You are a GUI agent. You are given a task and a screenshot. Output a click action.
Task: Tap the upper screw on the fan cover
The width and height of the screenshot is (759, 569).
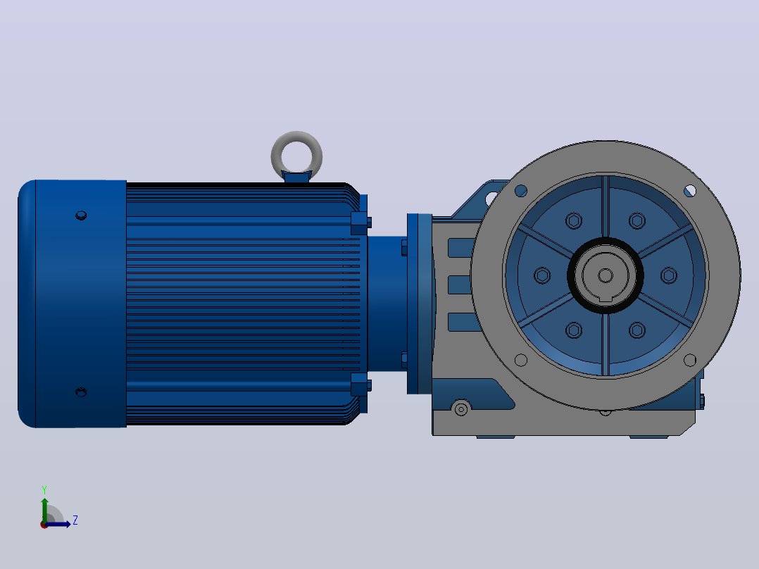click(82, 215)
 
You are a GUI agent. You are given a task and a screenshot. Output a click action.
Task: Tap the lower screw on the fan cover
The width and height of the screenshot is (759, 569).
click(82, 392)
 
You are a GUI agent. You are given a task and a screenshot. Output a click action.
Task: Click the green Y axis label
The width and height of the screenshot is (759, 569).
click(44, 489)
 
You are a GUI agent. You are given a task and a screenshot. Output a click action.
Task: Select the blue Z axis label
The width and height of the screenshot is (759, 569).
click(75, 520)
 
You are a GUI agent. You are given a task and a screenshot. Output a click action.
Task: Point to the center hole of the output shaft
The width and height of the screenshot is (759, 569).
click(605, 275)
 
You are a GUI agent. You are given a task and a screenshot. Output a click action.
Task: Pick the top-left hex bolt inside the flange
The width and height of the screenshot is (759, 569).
click(574, 221)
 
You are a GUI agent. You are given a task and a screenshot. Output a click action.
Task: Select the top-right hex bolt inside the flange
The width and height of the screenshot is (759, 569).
click(637, 221)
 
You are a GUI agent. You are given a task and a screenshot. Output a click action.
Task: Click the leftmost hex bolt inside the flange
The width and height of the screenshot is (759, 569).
click(542, 275)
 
